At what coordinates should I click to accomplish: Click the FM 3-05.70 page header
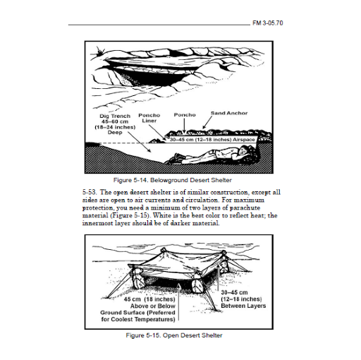pos(268,23)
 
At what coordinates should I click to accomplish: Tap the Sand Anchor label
pos(229,113)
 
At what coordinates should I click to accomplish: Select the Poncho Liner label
pos(149,118)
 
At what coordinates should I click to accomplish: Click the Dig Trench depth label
pos(115,124)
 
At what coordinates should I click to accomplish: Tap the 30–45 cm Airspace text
pos(212,140)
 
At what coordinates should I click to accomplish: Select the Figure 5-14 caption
pos(173,180)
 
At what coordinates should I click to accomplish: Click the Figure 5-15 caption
pos(174,335)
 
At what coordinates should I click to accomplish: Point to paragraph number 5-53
pos(90,192)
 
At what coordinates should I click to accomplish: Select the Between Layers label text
pos(243,306)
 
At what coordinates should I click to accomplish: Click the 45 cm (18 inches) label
pos(149,299)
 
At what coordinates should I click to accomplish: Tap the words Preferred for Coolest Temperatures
pos(138,316)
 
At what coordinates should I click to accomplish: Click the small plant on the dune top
pos(100,51)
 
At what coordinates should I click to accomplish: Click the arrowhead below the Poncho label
pos(184,131)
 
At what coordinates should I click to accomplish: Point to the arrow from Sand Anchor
pos(207,122)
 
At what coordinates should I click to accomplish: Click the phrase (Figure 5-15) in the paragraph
pos(130,215)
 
